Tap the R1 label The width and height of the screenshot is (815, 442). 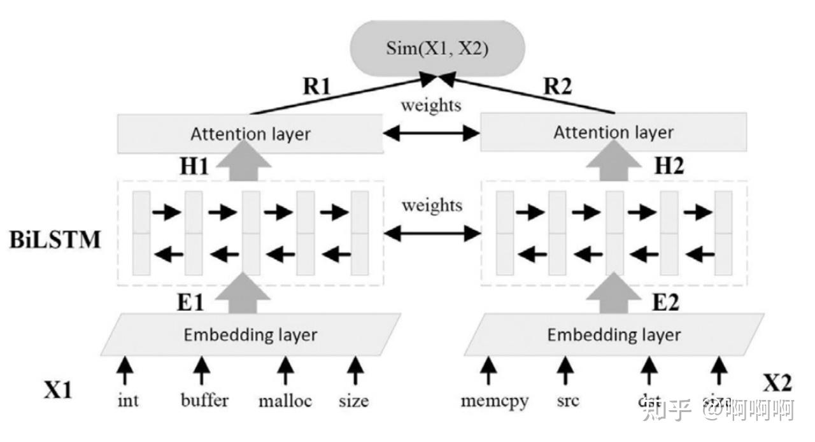click(317, 87)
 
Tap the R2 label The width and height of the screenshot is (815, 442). click(558, 87)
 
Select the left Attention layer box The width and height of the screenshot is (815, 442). click(250, 134)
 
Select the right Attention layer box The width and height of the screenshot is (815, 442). click(613, 132)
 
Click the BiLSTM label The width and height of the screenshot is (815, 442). click(55, 241)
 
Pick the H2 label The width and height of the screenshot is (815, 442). click(669, 167)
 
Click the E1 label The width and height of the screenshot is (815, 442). click(190, 301)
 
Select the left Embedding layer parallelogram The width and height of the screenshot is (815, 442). click(250, 334)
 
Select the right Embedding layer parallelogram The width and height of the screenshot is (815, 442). click(614, 334)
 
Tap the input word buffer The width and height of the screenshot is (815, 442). click(204, 401)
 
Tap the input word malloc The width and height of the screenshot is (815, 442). click(285, 401)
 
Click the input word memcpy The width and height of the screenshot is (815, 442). click(494, 401)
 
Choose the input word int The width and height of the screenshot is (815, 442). click(129, 401)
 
